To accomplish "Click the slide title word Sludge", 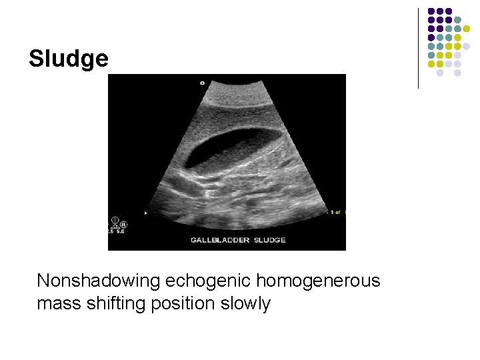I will tap(68, 59).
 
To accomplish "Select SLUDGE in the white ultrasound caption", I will tap(270, 240).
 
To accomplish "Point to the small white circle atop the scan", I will tap(202, 83).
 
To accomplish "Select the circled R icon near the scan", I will tap(123, 225).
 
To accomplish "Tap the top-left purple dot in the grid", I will tap(431, 11).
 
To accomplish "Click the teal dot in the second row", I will tap(457, 20).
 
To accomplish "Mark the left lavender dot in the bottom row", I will tap(440, 73).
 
